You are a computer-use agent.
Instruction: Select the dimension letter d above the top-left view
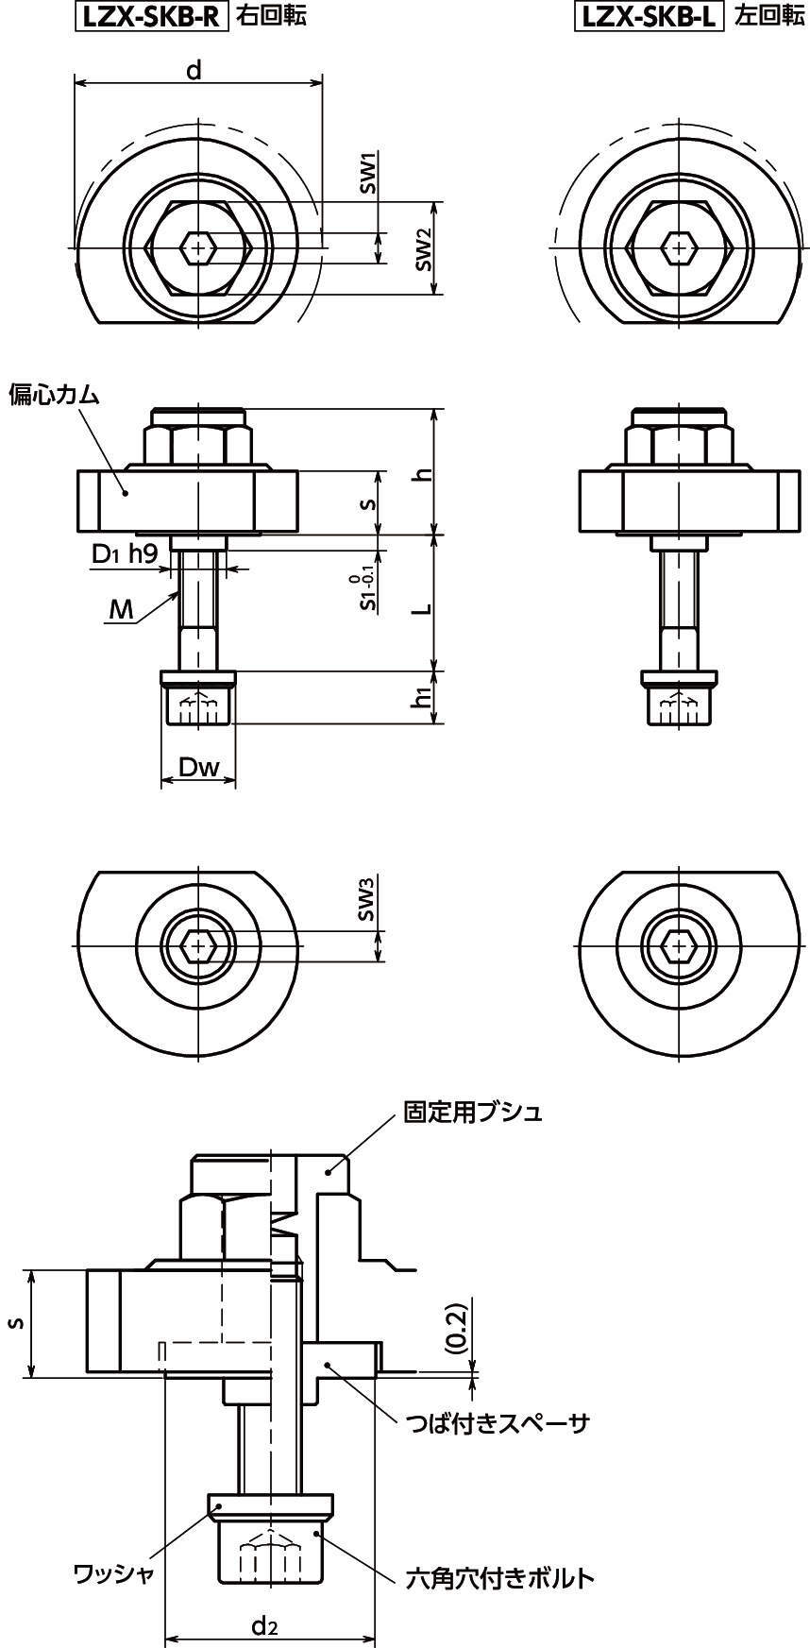(194, 70)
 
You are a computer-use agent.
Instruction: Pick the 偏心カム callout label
(54, 395)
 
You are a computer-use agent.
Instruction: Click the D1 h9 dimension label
(125, 554)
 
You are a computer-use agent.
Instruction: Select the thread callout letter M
(121, 609)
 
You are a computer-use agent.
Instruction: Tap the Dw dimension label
(198, 768)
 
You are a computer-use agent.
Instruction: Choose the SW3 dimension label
(368, 898)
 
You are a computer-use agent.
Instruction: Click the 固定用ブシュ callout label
(473, 1112)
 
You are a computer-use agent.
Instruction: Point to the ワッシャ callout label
(113, 1573)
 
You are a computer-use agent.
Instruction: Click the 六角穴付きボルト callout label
(499, 1577)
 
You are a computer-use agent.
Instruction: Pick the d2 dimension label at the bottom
(264, 1624)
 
